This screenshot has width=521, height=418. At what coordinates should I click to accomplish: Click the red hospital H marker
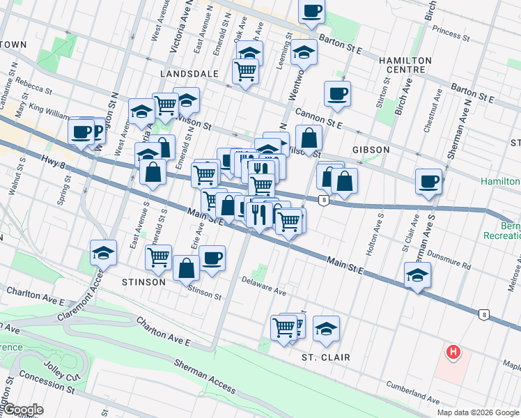coord(453,353)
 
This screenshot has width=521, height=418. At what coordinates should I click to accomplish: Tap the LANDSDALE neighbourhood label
coord(189,73)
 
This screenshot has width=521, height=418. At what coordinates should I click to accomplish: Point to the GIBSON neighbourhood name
coord(371,150)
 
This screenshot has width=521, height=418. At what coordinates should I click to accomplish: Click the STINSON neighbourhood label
coord(143,282)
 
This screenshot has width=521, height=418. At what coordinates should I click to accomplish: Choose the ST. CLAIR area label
coord(325,357)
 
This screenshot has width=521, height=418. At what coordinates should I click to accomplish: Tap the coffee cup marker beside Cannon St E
coord(337,93)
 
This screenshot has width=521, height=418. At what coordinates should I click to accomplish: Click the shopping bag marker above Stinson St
coord(186,267)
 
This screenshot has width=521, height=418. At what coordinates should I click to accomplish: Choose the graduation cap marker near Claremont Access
coord(103,251)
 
